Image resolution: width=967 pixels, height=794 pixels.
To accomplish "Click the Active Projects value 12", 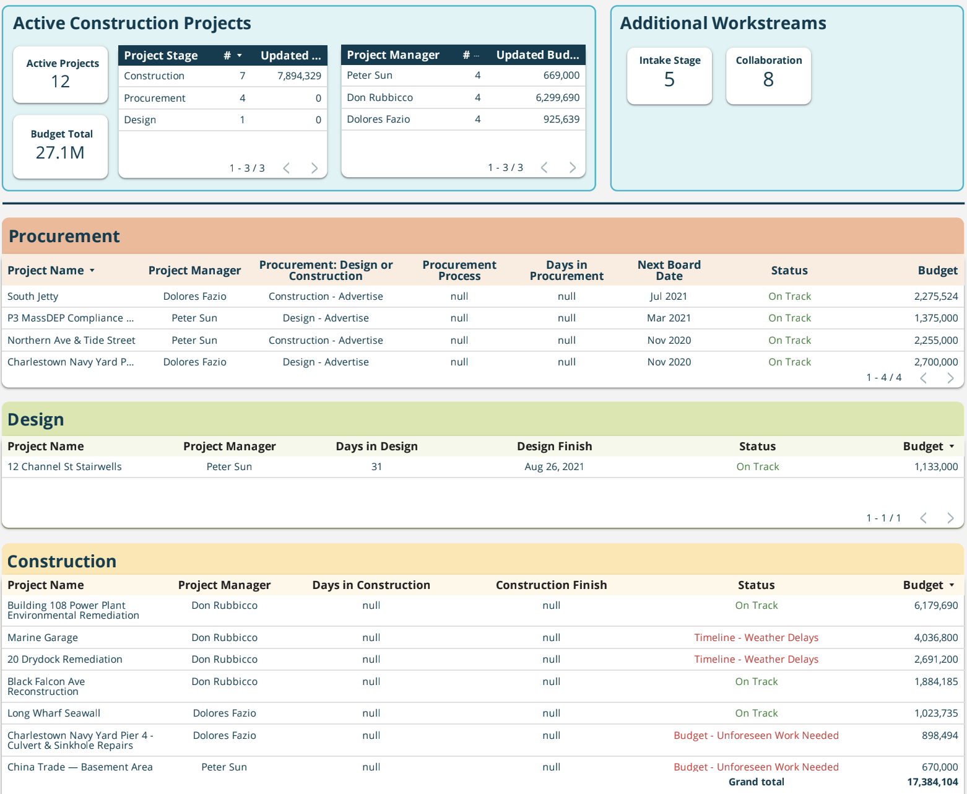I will click(x=61, y=82).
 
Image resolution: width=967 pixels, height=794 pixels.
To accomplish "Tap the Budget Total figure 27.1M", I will click(x=60, y=153).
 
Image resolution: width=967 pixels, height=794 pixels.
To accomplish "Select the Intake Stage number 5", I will click(x=669, y=80).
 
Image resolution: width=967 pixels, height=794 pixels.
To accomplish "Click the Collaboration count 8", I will click(x=768, y=80).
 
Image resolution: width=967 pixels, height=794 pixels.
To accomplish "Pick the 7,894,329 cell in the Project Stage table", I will click(x=299, y=76).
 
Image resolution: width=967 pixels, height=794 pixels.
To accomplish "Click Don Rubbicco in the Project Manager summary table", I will click(x=379, y=98).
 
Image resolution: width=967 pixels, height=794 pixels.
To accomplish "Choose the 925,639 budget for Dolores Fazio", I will click(x=561, y=120).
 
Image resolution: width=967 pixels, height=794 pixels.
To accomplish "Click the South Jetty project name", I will click(x=33, y=297).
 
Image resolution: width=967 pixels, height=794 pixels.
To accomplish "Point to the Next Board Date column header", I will click(x=669, y=271).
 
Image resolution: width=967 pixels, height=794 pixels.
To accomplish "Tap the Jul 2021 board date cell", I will click(x=668, y=297).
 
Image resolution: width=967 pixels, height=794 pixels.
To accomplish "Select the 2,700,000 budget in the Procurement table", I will click(x=935, y=362).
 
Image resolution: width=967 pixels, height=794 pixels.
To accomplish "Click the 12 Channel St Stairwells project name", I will click(x=64, y=467).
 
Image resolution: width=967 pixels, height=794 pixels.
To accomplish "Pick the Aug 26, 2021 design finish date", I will click(x=554, y=467).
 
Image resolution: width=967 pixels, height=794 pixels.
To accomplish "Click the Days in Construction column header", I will click(x=371, y=585).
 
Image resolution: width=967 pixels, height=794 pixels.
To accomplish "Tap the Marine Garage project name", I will click(x=43, y=638).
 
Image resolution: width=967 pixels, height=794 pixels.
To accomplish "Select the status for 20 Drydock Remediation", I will click(x=756, y=660).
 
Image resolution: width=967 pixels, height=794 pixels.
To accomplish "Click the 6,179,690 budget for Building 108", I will click(x=935, y=606).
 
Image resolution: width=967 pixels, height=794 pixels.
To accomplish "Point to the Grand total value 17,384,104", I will click(x=932, y=782).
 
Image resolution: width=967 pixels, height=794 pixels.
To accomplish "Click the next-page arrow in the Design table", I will click(x=950, y=518).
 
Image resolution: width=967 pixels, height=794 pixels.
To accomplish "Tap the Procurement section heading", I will click(x=64, y=237).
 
